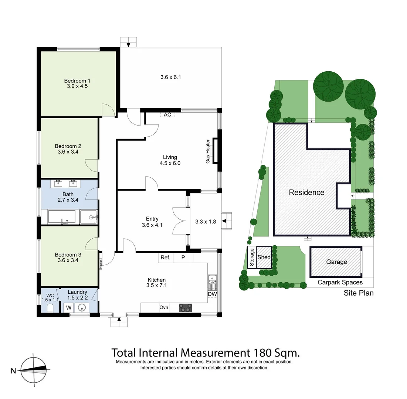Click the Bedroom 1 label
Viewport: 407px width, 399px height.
click(x=77, y=81)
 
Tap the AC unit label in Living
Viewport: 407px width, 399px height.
click(x=167, y=115)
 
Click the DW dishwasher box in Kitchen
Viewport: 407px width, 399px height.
click(x=212, y=294)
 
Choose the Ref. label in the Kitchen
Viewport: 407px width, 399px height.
click(x=165, y=258)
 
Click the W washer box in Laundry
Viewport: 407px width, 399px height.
click(x=69, y=307)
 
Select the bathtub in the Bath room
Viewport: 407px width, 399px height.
click(x=62, y=217)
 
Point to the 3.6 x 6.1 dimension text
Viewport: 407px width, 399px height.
click(x=170, y=77)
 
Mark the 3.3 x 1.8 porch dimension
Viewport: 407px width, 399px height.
click(x=205, y=222)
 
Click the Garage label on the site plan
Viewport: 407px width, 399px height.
click(x=336, y=262)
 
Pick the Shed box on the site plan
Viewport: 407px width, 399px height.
click(x=264, y=258)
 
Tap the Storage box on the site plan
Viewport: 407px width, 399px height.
click(x=252, y=258)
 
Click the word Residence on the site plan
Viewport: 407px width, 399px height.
click(x=306, y=192)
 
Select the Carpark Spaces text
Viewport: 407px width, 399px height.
click(x=340, y=282)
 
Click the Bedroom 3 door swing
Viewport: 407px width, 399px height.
click(x=92, y=243)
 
